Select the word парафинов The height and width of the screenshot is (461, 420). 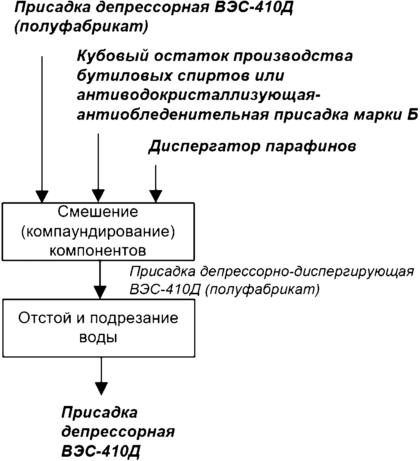[x=311, y=146]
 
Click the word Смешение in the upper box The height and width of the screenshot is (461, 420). [x=98, y=212]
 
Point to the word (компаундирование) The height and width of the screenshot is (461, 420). [x=98, y=232]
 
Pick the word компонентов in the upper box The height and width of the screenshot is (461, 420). [x=98, y=251]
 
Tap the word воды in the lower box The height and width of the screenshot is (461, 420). [x=98, y=338]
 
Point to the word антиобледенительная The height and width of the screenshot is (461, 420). [x=173, y=115]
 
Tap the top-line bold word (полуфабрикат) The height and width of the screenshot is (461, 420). [x=81, y=27]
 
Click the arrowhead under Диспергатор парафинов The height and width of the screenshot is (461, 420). [x=156, y=196]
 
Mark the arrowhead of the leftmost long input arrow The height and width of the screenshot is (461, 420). [x=42, y=196]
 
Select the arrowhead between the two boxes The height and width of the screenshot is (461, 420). [x=100, y=292]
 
